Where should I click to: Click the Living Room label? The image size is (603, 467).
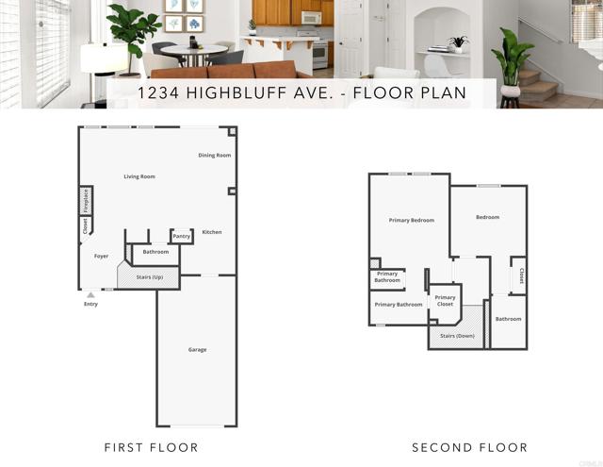(139, 176)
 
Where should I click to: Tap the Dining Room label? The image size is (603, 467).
(214, 155)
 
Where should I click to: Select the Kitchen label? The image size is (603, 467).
(211, 232)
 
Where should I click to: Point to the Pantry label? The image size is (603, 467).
(181, 236)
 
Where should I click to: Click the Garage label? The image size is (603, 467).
(197, 350)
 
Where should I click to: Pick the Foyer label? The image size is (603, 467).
(101, 256)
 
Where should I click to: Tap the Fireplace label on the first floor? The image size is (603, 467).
(85, 200)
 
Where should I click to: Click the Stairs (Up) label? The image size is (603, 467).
(150, 277)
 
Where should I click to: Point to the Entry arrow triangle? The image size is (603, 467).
(90, 295)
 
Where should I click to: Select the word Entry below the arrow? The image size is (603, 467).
(90, 304)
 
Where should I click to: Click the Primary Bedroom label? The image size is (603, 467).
(412, 220)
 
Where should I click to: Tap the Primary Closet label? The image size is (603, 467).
(445, 301)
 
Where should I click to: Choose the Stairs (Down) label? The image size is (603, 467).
(458, 335)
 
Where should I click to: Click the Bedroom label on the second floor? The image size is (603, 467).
(487, 217)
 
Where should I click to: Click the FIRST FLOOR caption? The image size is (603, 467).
(151, 447)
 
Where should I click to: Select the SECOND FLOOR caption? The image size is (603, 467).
(469, 447)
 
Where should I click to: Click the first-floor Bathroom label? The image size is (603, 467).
(155, 252)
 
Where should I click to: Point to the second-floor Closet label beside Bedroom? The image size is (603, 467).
(521, 276)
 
